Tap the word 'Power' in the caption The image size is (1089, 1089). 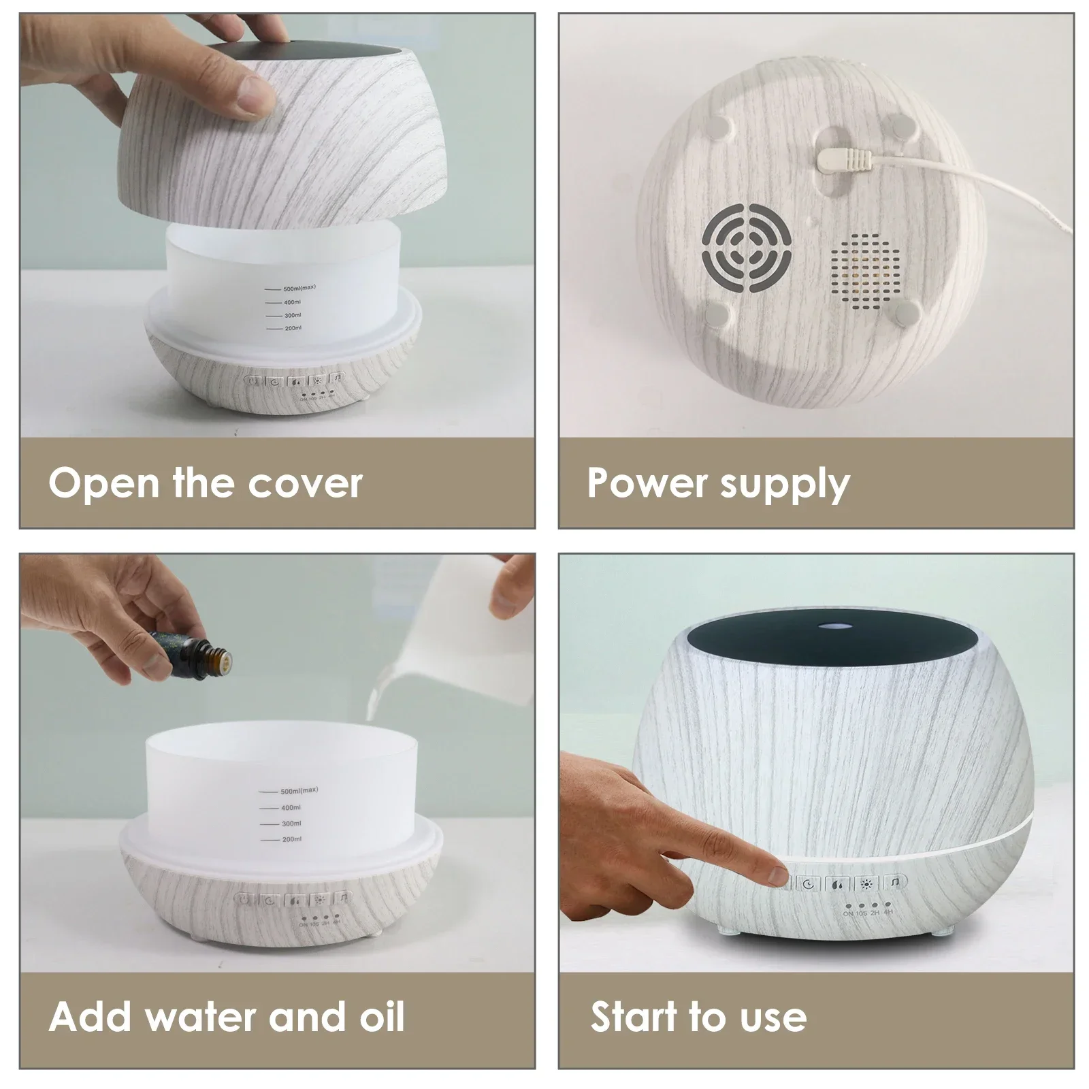click(637, 483)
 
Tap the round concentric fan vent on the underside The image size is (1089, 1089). click(747, 250)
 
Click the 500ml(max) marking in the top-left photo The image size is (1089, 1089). click(299, 288)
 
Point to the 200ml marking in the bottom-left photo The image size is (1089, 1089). click(291, 839)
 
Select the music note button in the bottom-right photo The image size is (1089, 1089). click(896, 883)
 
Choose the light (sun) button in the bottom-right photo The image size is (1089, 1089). click(866, 884)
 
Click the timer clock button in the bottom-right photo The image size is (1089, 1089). click(808, 884)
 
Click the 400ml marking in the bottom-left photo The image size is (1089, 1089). click(291, 807)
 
